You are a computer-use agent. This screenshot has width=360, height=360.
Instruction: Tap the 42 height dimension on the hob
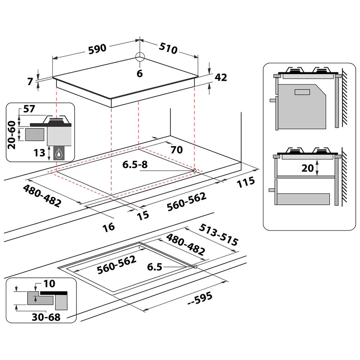[221, 77]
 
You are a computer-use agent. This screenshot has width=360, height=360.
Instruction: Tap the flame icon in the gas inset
[58, 154]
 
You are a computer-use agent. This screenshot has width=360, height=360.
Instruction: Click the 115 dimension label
[246, 182]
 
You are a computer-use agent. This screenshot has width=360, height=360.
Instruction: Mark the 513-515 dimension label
[218, 235]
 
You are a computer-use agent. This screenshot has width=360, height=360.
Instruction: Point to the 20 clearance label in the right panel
[307, 168]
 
